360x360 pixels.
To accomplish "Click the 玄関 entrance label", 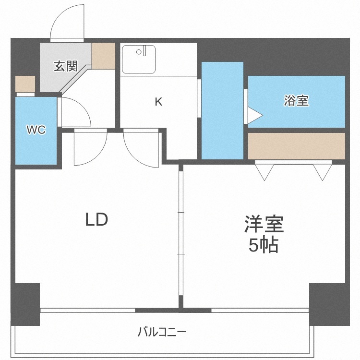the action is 66,66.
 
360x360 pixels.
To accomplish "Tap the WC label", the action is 36,130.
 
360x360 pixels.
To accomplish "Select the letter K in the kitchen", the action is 158,102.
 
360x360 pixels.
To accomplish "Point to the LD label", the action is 96,219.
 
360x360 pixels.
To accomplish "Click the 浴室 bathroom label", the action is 296,101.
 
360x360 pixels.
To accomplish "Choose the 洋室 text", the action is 264,224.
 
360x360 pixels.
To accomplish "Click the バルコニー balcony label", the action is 162,332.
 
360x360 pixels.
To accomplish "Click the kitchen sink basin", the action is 138,59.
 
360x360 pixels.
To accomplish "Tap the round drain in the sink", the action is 139,52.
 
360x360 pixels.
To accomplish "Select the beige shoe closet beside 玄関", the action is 104,56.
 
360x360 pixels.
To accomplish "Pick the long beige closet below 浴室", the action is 297,146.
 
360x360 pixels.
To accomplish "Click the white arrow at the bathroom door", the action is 255,115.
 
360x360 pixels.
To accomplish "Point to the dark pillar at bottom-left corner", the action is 25,304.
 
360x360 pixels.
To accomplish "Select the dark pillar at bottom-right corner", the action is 329,304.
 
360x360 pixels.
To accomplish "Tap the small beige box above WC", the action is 25,84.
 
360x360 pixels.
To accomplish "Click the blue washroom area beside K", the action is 222,110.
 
